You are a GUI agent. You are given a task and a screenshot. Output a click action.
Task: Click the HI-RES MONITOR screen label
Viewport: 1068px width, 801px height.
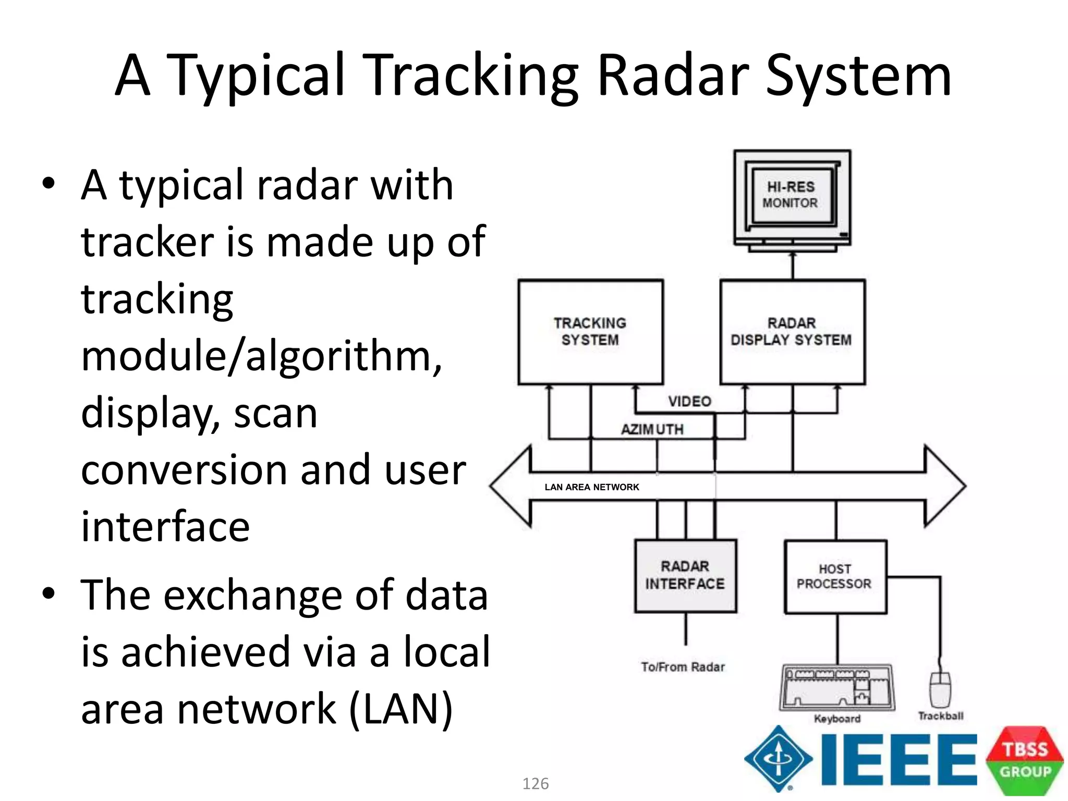tap(790, 195)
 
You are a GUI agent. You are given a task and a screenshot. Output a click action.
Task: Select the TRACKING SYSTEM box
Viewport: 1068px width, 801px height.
tap(590, 332)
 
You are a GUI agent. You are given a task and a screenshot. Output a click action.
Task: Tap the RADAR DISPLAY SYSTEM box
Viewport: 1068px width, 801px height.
tap(792, 332)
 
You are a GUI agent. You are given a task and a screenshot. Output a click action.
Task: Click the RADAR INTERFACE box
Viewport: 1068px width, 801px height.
tap(685, 576)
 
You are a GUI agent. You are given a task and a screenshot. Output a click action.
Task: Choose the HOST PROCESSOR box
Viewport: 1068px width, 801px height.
tap(835, 577)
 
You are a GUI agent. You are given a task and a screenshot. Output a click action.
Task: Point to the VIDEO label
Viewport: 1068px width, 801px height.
tap(689, 402)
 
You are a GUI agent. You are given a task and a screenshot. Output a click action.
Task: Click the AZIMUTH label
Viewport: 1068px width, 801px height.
tap(652, 430)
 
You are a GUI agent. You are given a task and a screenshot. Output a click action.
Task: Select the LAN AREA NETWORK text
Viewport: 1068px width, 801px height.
tap(591, 487)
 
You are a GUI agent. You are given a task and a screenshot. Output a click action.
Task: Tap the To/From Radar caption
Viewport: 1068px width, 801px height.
tap(683, 667)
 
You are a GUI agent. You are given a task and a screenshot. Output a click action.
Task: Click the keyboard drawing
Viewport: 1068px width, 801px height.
tap(836, 687)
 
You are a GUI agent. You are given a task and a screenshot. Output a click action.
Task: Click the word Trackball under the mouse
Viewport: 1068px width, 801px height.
tap(940, 716)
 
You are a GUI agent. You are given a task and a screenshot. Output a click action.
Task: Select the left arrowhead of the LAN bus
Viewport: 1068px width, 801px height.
tap(511, 486)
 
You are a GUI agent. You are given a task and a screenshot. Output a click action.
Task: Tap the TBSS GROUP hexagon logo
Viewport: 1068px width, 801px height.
tap(1025, 760)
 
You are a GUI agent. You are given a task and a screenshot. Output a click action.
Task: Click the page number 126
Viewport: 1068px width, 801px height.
tap(536, 784)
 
